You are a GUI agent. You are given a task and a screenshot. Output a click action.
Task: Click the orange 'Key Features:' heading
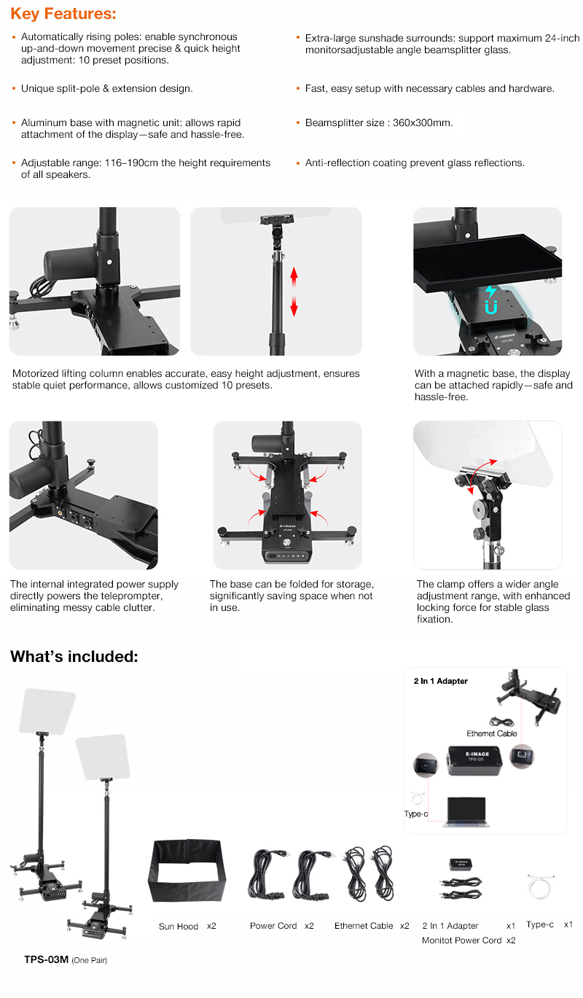(63, 14)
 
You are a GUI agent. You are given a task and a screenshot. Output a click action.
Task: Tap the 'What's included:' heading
(74, 656)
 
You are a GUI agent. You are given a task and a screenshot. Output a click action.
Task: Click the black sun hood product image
(187, 870)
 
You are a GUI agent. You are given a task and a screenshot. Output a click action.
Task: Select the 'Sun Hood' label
(178, 927)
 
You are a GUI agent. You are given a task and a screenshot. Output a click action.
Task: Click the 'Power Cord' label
(273, 926)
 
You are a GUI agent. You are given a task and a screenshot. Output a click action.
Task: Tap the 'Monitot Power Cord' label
(461, 940)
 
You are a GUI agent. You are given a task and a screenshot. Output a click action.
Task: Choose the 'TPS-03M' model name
(47, 959)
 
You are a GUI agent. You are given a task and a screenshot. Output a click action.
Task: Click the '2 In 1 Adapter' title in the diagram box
(440, 681)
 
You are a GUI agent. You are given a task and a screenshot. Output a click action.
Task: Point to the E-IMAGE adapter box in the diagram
(474, 760)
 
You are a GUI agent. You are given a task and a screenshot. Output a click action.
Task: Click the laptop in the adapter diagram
(465, 812)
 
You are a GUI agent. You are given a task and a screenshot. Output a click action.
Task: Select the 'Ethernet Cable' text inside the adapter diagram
(492, 733)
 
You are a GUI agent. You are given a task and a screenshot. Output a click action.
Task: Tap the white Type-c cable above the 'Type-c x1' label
(540, 886)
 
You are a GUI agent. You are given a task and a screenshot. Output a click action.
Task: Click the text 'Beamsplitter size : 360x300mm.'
(379, 122)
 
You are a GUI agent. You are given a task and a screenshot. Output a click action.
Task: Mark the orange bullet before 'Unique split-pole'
(15, 88)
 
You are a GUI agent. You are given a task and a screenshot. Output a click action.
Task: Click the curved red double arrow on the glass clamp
(480, 475)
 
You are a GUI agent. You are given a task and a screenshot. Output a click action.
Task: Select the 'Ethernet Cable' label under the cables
(364, 926)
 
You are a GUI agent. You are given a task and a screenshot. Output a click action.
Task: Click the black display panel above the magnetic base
(488, 263)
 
